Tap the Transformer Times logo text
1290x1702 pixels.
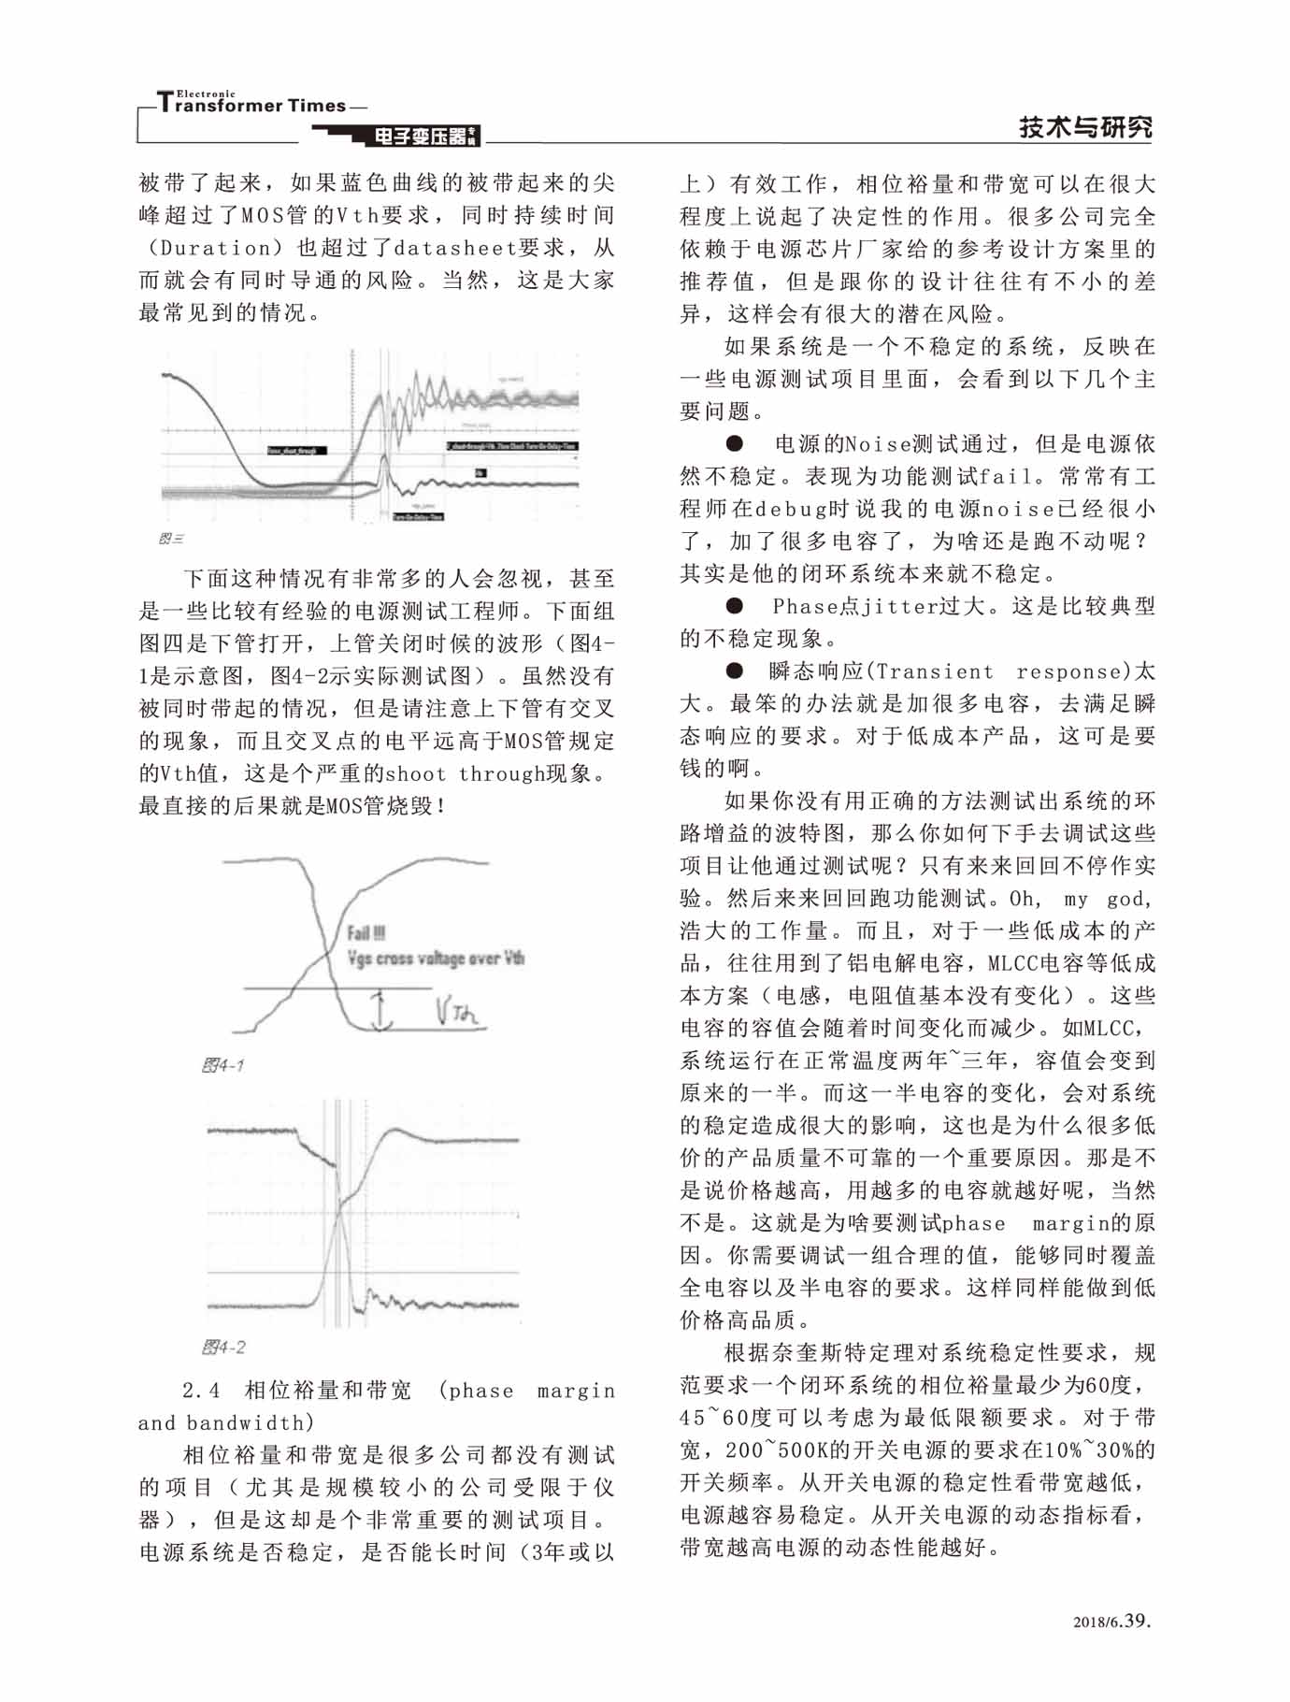click(x=252, y=104)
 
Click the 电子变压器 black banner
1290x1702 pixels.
click(x=421, y=137)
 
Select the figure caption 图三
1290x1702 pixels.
click(x=172, y=540)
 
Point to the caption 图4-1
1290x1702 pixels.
click(x=223, y=1065)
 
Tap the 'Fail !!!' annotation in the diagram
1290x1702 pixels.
click(x=365, y=932)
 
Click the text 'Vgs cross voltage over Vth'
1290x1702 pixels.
click(x=435, y=958)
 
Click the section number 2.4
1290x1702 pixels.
click(x=201, y=1391)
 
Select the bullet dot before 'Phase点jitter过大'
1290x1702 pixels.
click(x=735, y=606)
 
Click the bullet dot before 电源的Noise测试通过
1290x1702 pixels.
click(x=735, y=443)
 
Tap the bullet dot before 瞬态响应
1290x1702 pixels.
click(x=735, y=671)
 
